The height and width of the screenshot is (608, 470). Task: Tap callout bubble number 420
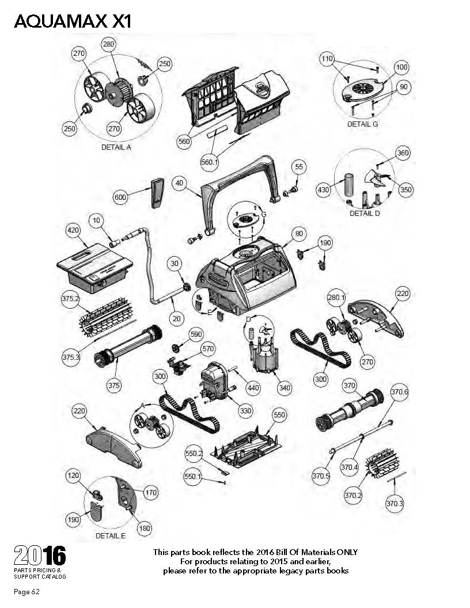[x=73, y=230]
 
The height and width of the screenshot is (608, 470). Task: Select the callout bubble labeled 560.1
[x=210, y=162]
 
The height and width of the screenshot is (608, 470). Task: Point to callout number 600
[x=120, y=197]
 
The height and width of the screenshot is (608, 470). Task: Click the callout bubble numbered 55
[x=299, y=167]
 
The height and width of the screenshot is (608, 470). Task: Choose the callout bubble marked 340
[x=285, y=387]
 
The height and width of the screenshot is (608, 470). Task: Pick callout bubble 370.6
[x=399, y=392]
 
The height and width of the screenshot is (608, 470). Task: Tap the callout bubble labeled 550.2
[x=194, y=453]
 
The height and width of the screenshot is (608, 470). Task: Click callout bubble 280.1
[x=336, y=298]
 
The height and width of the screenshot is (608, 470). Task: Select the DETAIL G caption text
[x=362, y=124]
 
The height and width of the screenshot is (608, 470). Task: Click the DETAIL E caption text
[x=111, y=535]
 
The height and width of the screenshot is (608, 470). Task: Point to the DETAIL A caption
[x=116, y=147]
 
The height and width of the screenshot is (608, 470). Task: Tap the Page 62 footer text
[x=26, y=592]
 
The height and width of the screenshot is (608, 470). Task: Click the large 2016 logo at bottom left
[x=40, y=555]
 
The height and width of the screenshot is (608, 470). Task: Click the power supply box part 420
[x=94, y=268]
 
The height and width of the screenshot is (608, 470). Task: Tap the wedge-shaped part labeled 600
[x=157, y=193]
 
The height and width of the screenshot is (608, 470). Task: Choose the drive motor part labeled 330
[x=214, y=380]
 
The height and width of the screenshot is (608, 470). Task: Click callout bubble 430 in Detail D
[x=324, y=189]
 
